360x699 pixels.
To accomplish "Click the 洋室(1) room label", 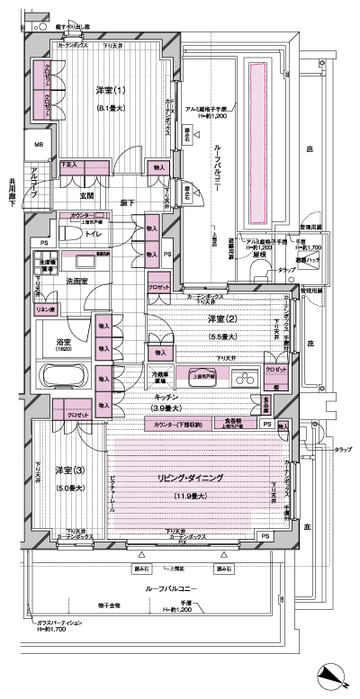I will (x=109, y=91).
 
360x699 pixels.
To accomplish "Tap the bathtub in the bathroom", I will (x=67, y=375).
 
